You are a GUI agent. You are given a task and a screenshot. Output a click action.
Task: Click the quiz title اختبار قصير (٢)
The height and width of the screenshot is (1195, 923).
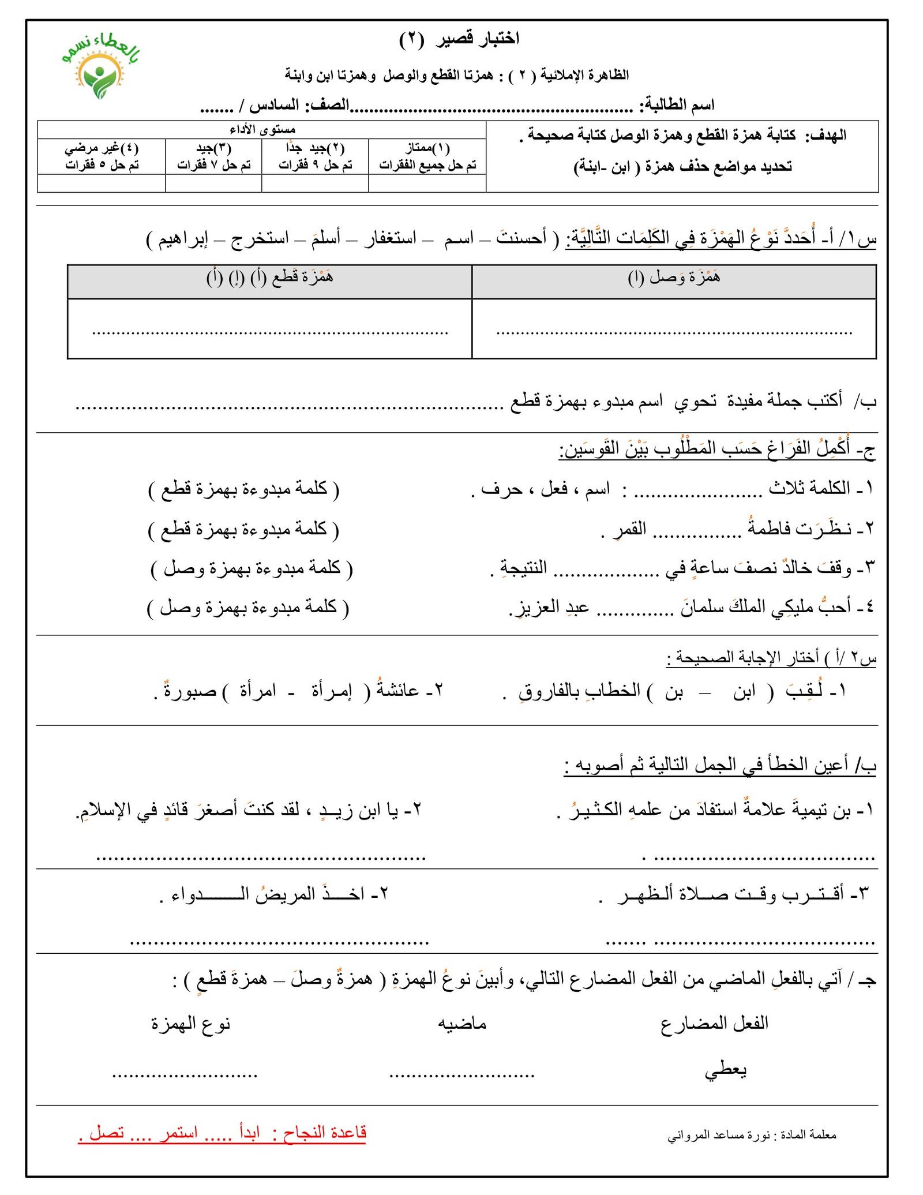[x=459, y=39]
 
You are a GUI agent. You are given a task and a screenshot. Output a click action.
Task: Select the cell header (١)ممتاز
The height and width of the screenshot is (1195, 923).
[x=427, y=148]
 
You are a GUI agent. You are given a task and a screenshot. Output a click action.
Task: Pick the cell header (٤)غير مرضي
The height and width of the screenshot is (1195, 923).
[x=102, y=148]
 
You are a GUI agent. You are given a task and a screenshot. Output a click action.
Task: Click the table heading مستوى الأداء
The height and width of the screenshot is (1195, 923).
[x=262, y=130]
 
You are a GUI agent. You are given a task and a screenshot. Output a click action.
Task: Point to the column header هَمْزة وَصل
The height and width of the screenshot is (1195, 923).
[x=674, y=278]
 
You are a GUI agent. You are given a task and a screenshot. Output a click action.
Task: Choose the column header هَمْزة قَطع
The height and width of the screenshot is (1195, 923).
[x=269, y=278]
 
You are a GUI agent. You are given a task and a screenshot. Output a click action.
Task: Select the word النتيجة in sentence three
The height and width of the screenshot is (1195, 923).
[x=523, y=567]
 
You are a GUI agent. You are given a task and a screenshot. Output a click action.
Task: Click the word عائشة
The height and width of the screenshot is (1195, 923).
[x=397, y=690]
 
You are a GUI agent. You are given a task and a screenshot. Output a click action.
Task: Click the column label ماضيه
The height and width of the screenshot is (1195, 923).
[x=461, y=1024]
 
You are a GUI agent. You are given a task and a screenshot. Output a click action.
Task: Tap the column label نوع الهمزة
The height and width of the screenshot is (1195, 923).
[x=190, y=1024]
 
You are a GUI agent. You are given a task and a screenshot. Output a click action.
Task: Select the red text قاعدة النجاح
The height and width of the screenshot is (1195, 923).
[x=324, y=1133]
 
